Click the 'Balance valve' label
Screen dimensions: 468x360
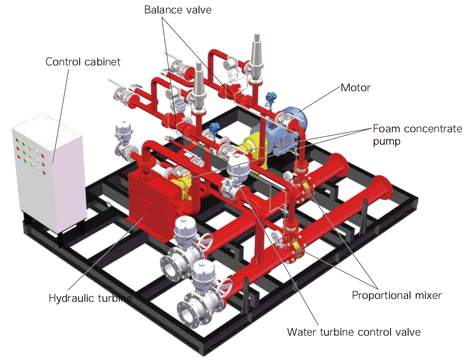click(178, 10)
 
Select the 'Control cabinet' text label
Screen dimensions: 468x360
click(83, 62)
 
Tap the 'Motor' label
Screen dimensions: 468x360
click(355, 88)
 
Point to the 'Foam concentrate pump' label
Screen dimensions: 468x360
click(417, 135)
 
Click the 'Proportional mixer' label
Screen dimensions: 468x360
click(397, 295)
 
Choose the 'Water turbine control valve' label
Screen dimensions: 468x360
click(354, 332)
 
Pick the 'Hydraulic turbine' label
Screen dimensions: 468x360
click(90, 298)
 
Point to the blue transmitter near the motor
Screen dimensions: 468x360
click(271, 97)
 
